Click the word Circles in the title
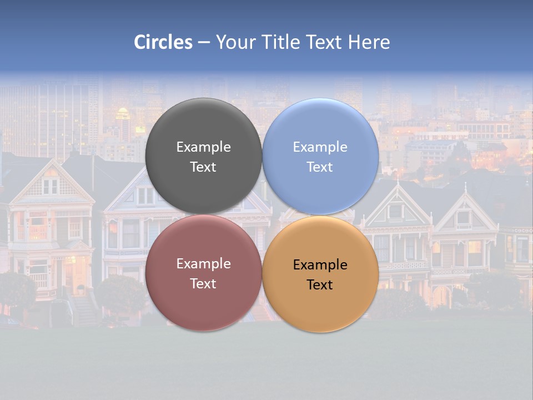[x=163, y=42]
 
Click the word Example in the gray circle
[x=203, y=147]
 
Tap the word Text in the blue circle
[x=320, y=167]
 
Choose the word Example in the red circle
[x=203, y=264]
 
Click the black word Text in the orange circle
[x=320, y=285]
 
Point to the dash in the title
[x=204, y=43]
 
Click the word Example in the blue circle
[x=320, y=147]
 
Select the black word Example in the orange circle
[x=320, y=265]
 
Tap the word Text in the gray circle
[x=203, y=167]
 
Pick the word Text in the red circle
[x=203, y=284]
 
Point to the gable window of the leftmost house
[x=51, y=186]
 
